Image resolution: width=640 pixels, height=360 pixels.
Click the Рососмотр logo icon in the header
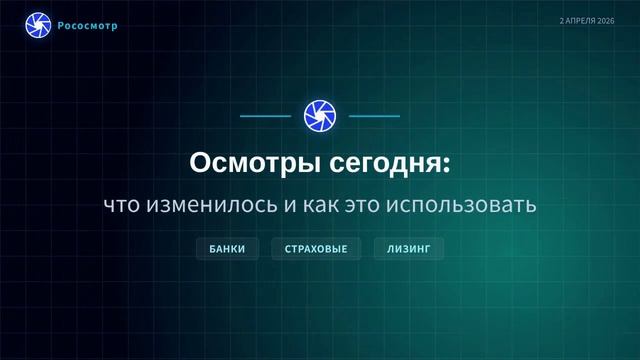point(38,24)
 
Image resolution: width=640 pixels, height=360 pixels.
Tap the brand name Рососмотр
point(88,25)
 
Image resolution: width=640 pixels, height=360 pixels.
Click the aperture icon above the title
point(320,116)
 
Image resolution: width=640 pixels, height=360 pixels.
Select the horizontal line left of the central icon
point(266,116)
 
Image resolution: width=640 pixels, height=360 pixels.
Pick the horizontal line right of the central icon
point(374,116)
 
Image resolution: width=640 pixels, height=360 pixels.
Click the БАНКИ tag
point(227,248)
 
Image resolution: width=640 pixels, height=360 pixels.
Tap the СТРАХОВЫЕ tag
point(316,248)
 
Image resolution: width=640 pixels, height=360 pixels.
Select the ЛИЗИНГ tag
point(408,248)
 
